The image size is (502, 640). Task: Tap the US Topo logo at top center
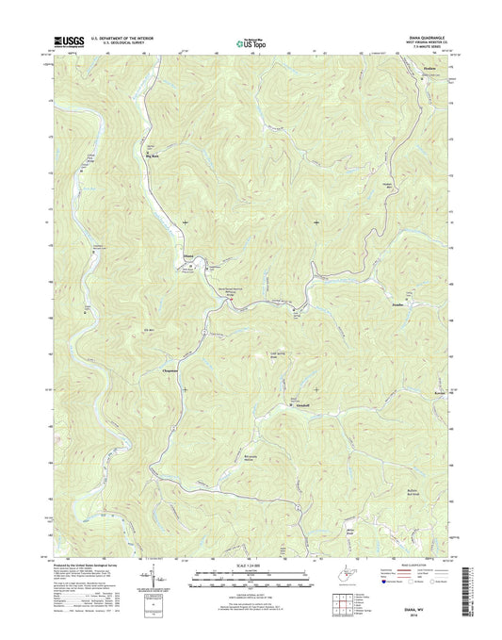coord(250,42)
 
